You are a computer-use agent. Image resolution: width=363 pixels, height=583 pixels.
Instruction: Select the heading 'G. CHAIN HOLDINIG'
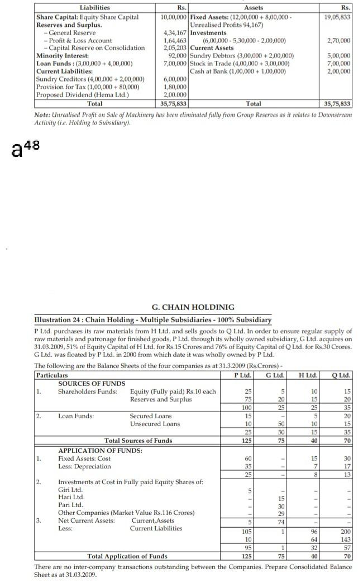click(193, 307)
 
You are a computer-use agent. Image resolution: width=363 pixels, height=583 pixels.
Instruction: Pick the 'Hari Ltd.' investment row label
click(70, 496)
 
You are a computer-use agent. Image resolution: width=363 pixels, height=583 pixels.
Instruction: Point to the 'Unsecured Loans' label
click(155, 424)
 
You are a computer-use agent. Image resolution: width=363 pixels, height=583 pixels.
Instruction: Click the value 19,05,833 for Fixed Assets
click(337, 17)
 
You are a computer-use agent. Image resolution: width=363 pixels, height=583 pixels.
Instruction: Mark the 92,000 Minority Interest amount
click(177, 56)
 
